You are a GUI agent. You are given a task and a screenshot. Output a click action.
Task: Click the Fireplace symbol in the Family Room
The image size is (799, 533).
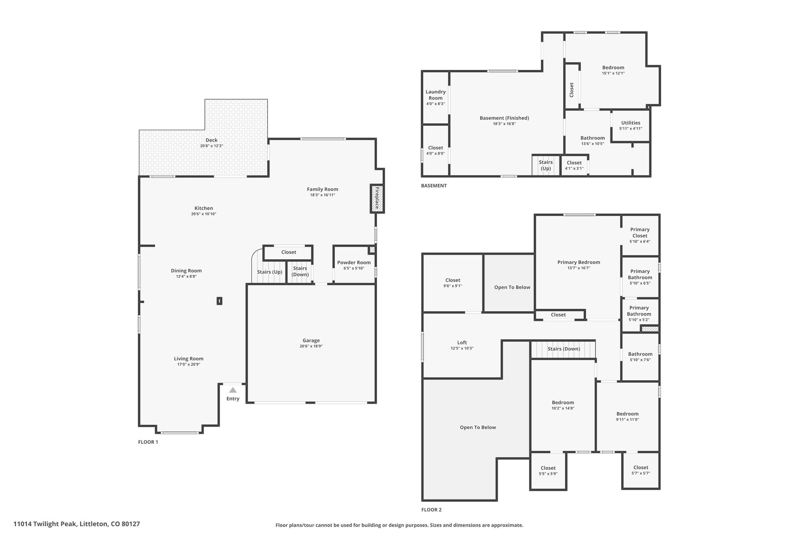coord(377,199)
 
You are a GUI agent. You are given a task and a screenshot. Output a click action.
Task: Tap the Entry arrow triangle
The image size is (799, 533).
coord(233,390)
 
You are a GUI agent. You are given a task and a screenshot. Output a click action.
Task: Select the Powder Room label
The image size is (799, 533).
coord(354,262)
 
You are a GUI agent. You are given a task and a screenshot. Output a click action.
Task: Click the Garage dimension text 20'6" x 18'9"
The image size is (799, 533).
coord(311,346)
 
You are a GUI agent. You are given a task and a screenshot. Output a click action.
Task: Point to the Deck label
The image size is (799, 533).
coord(211,140)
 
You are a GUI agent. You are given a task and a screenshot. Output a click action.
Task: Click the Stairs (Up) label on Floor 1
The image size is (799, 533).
coord(270,272)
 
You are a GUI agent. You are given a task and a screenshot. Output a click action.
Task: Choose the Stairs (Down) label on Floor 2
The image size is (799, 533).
coord(563,349)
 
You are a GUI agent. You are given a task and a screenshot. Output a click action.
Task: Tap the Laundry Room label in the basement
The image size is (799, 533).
coord(435,95)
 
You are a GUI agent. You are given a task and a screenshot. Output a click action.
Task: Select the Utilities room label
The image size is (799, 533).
coord(630,123)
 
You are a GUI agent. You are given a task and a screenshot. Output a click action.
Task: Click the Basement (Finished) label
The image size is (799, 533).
coord(504,118)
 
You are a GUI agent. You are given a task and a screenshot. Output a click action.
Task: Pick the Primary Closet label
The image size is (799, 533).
coord(640,232)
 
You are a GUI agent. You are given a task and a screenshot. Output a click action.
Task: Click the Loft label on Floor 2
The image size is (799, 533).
coord(462,342)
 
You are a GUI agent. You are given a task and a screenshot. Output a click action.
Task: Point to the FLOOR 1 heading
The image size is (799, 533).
coord(148,442)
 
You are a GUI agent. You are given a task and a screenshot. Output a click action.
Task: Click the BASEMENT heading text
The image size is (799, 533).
coord(433,185)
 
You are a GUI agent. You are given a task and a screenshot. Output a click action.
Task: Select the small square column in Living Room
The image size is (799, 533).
coord(219,301)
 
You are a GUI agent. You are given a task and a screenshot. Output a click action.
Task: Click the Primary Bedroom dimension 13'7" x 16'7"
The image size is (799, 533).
coord(579,268)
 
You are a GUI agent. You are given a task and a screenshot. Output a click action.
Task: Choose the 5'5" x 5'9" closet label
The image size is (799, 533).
coord(548,474)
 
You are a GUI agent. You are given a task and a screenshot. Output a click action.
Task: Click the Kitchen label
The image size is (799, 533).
coord(204,208)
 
